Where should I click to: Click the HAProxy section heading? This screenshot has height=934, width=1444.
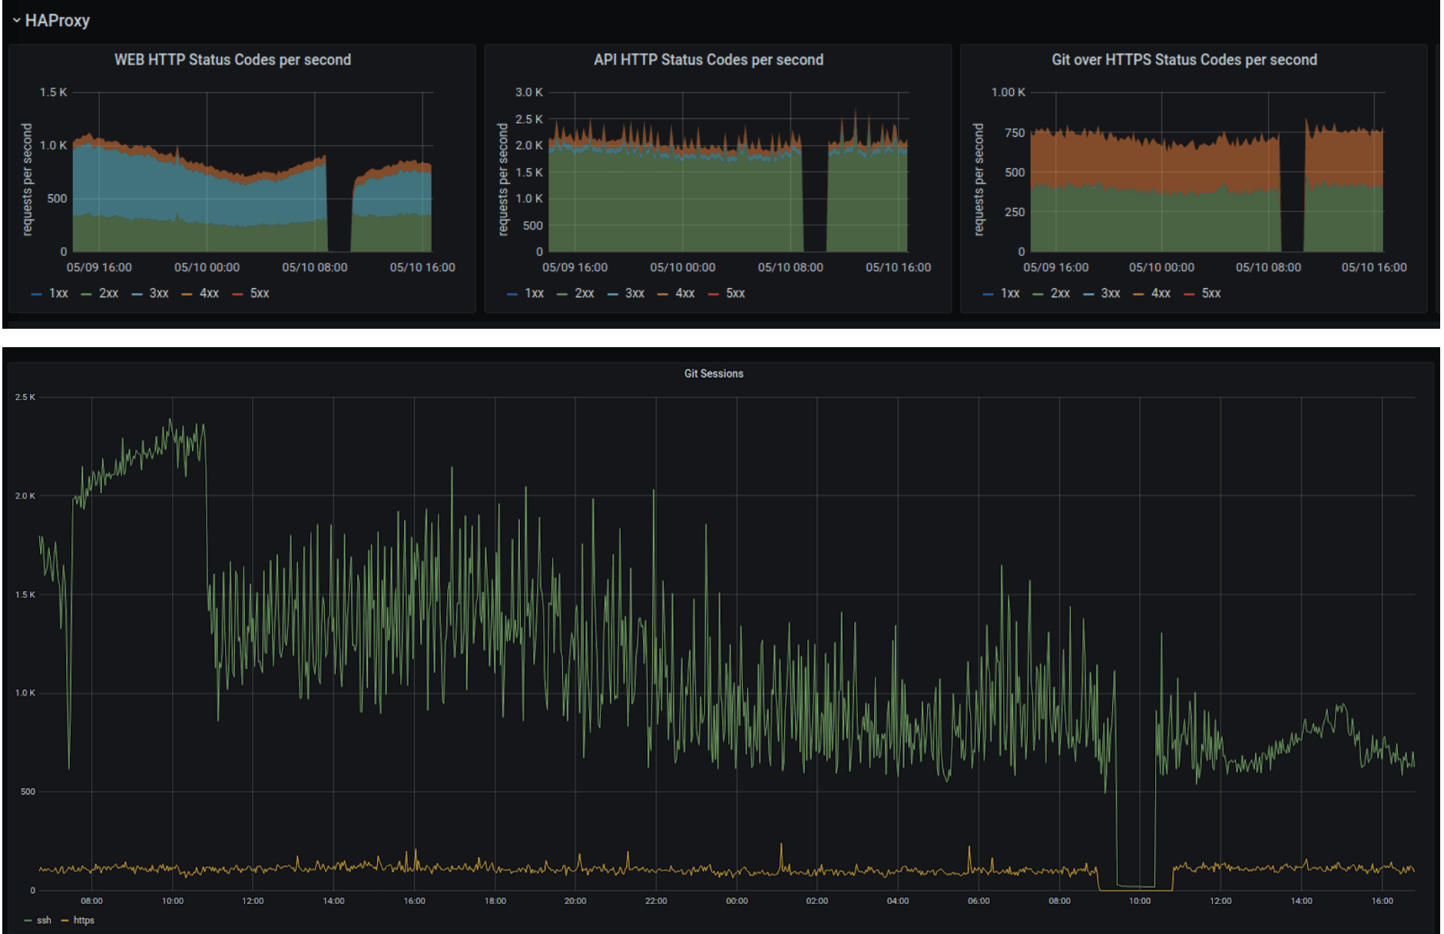(x=57, y=21)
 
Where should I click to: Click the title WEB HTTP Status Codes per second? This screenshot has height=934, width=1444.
(x=232, y=60)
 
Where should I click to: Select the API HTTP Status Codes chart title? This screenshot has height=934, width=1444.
(x=708, y=60)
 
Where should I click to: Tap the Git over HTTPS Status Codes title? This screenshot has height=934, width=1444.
(x=1184, y=60)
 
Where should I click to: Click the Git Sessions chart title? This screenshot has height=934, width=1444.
(x=714, y=373)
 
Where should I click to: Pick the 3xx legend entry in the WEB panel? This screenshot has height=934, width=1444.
(x=158, y=293)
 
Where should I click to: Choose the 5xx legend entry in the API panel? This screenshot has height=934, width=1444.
(x=735, y=293)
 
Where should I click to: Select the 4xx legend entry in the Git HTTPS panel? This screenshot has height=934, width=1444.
(x=1160, y=293)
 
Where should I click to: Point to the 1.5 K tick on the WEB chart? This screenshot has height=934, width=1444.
(x=53, y=92)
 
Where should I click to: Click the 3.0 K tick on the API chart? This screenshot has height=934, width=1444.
(x=528, y=92)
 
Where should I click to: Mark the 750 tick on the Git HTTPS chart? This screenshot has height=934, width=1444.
(x=1015, y=133)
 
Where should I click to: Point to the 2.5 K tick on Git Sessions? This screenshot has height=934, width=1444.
(x=25, y=397)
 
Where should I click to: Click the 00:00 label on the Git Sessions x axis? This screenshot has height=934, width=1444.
(x=737, y=901)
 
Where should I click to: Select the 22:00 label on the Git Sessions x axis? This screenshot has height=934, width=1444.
(x=656, y=901)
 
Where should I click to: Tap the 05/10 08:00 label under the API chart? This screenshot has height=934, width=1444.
(x=790, y=267)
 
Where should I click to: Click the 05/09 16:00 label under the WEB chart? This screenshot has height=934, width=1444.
(x=99, y=267)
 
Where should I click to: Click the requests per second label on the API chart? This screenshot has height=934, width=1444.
(x=503, y=179)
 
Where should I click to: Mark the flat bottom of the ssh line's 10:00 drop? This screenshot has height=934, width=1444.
(x=1136, y=886)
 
